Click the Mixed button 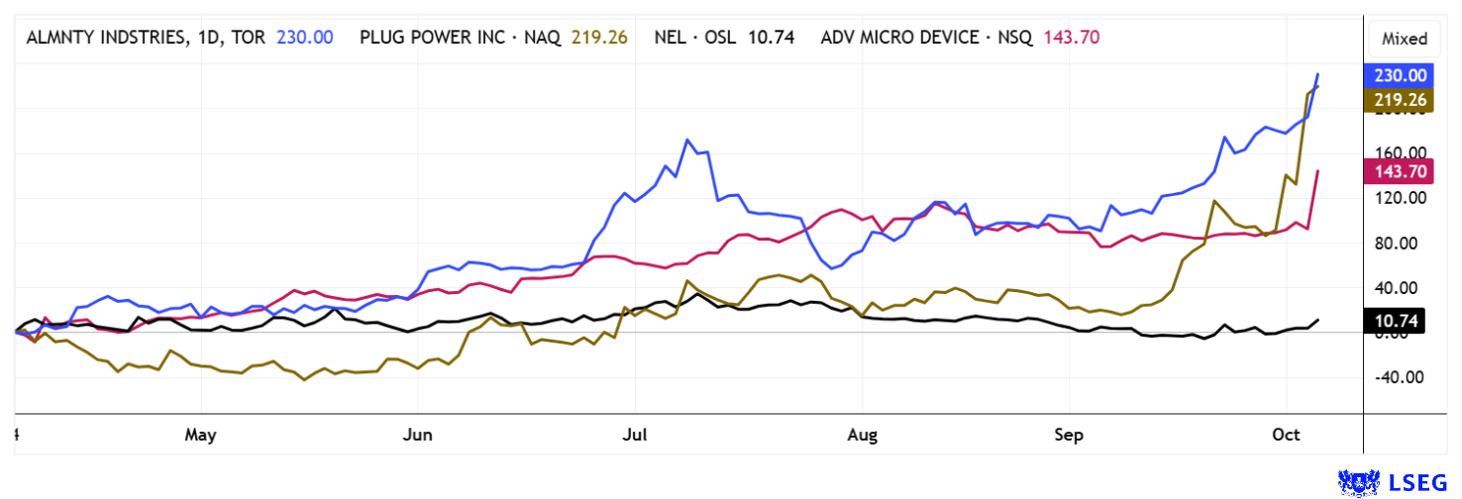click(x=1405, y=40)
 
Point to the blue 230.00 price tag click(x=1397, y=75)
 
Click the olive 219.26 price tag click(x=1397, y=99)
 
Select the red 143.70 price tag click(x=1397, y=171)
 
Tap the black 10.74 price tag click(x=1397, y=322)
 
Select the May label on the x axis click(x=201, y=435)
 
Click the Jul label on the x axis click(x=635, y=435)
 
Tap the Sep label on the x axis click(x=1069, y=435)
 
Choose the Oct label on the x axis click(x=1286, y=435)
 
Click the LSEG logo click(x=1395, y=482)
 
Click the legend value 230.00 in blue click(x=304, y=38)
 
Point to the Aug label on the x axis click(x=863, y=435)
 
